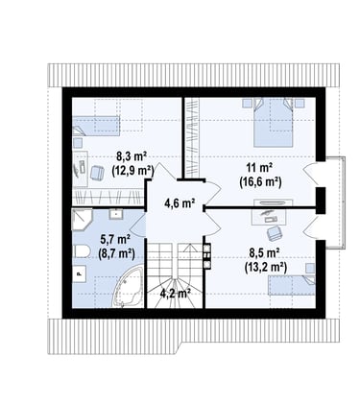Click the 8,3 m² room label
pyautogui.click(x=132, y=157)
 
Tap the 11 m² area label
pyautogui.click(x=259, y=168)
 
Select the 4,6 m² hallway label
pyautogui.click(x=180, y=202)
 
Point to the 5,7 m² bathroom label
pyautogui.click(x=115, y=239)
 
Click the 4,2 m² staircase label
pyautogui.click(x=176, y=293)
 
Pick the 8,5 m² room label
pyautogui.click(x=265, y=253)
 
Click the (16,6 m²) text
pyautogui.click(x=260, y=182)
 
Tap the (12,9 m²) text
pyautogui.click(x=132, y=171)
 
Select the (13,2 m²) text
pyautogui.click(x=266, y=267)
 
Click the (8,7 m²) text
pyautogui.click(x=116, y=253)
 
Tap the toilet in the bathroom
pyautogui.click(x=81, y=251)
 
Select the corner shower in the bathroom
pyautogui.click(x=82, y=220)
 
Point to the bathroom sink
pyautogui.click(x=116, y=213)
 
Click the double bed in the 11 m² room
pyautogui.click(x=274, y=122)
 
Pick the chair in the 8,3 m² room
pyautogui.click(x=97, y=173)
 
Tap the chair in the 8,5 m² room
pyautogui.click(x=275, y=233)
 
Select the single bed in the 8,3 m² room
pyautogui.click(x=96, y=126)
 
